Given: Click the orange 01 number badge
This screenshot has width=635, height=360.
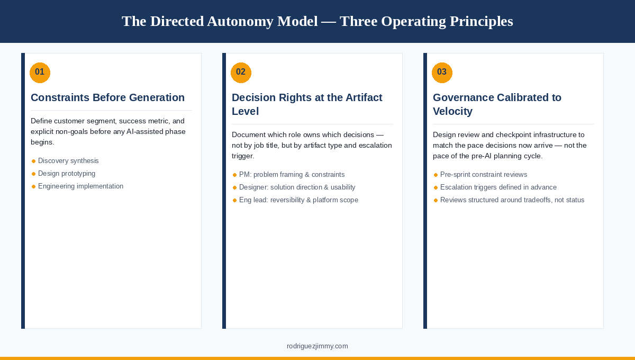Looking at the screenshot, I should click(x=40, y=73).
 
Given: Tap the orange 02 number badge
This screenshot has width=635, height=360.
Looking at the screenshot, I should click(x=241, y=73).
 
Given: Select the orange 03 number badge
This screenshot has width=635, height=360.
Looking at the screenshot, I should click(x=442, y=73).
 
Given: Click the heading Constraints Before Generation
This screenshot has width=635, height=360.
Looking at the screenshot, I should click(x=107, y=97).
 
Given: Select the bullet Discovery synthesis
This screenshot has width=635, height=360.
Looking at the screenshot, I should click(x=68, y=161).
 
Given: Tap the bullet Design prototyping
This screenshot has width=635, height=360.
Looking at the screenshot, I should click(x=67, y=174).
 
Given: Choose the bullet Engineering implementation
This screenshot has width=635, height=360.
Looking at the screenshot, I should click(x=80, y=186).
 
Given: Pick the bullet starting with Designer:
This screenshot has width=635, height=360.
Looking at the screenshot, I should click(x=297, y=187).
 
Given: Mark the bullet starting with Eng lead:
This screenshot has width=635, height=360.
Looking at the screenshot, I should click(x=298, y=200).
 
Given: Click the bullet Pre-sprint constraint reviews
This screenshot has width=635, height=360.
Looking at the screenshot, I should click(x=484, y=175).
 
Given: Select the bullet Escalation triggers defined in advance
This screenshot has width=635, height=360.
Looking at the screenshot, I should click(x=498, y=187).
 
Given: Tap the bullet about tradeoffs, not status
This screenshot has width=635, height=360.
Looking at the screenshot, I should click(x=512, y=200).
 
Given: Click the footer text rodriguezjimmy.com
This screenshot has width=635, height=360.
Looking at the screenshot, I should click(x=317, y=346).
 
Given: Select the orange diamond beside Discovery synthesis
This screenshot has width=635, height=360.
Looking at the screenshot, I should click(x=33, y=161).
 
